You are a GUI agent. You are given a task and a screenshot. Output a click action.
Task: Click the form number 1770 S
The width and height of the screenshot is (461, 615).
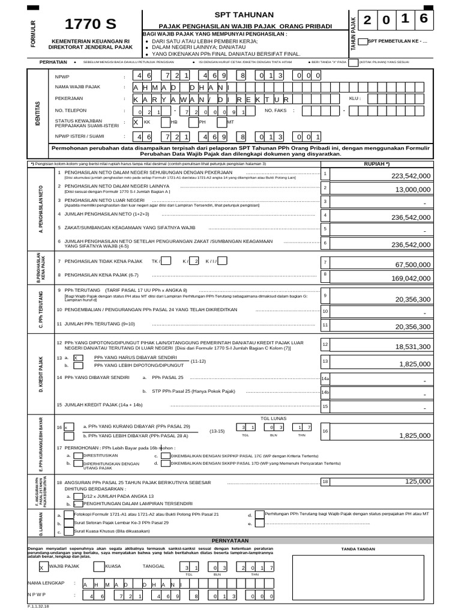point(91,25)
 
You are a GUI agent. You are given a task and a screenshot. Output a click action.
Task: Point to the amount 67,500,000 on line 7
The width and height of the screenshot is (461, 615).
point(413,264)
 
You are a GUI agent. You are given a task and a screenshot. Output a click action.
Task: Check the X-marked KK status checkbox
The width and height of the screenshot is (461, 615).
point(136,122)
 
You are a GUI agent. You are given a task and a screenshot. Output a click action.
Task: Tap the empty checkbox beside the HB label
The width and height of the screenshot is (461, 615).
point(164,122)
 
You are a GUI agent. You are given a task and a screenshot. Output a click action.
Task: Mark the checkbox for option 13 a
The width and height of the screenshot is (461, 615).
point(78,358)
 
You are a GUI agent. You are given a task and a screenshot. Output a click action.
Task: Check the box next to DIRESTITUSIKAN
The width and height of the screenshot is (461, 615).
point(78,456)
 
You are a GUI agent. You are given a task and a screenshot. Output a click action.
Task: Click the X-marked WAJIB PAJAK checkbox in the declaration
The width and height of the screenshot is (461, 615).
point(41,566)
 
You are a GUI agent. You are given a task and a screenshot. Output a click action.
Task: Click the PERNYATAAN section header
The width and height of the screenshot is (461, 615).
point(230,541)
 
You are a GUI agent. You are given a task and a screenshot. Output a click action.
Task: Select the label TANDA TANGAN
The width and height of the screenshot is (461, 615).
point(358,549)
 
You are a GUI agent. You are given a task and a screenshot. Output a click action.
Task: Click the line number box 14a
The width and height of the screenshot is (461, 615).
point(325,379)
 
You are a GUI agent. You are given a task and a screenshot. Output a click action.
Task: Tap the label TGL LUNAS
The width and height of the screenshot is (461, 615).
point(273,418)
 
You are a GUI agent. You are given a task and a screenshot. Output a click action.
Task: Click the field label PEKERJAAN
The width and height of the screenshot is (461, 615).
point(69,98)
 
